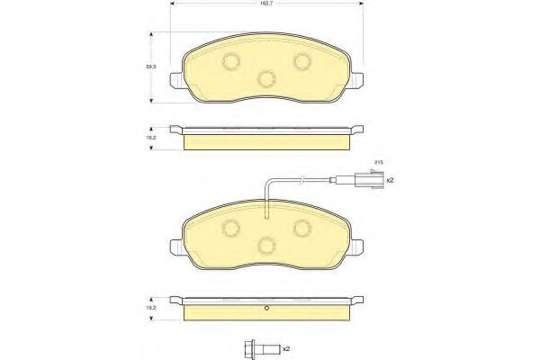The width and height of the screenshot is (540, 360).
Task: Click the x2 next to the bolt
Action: tap(285, 347)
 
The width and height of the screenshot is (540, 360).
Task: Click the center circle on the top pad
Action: tap(265, 78)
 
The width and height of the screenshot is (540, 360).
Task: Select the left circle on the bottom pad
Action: tap(230, 227)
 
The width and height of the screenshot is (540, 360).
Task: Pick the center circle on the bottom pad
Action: tap(265, 244)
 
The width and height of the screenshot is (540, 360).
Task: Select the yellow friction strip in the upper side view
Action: tap(266, 142)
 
